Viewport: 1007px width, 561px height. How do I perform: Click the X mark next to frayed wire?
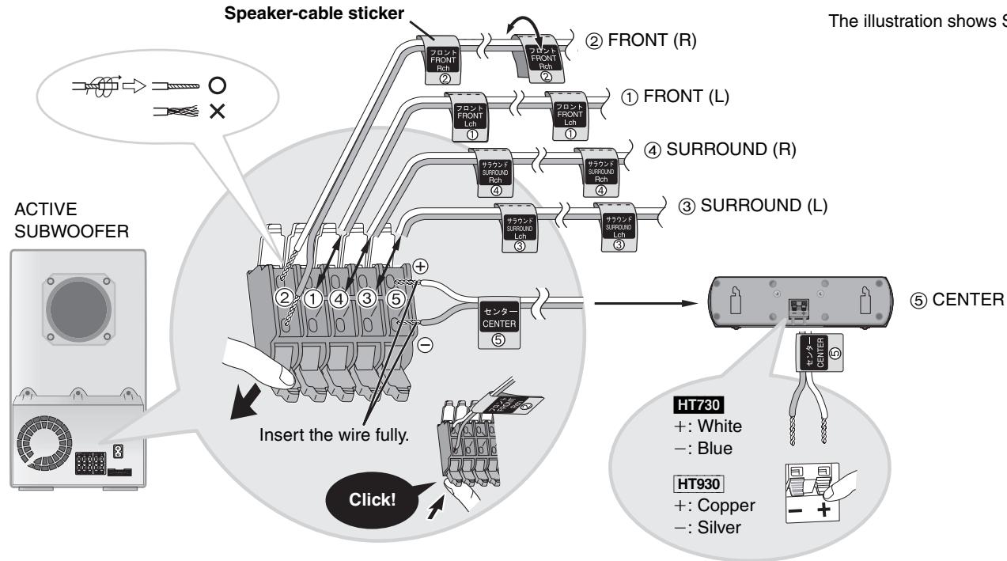pyautogui.click(x=216, y=113)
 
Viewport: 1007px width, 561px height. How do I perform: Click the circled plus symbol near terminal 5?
pyautogui.click(x=420, y=266)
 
